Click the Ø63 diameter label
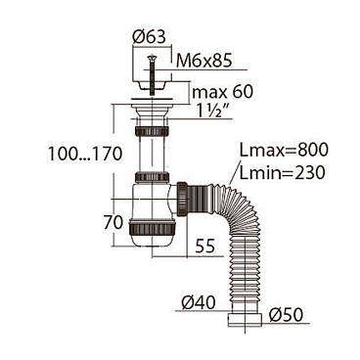tap(149, 37)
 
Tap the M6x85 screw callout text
tap(203, 61)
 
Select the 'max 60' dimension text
tap(222, 92)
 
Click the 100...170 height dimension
tap(85, 154)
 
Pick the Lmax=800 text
tap(284, 150)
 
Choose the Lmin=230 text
tap(282, 172)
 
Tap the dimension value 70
tap(113, 223)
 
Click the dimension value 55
tap(205, 246)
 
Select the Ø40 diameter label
tap(199, 302)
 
